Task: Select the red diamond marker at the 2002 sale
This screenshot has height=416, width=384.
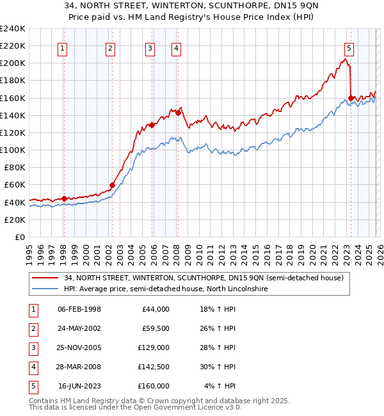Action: pos(112,186)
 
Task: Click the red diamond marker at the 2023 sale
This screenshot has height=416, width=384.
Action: pos(351,98)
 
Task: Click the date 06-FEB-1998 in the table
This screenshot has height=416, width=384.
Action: pos(79,309)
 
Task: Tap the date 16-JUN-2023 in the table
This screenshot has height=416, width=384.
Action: pos(79,386)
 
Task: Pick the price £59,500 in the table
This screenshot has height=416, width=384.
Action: pos(156,328)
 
